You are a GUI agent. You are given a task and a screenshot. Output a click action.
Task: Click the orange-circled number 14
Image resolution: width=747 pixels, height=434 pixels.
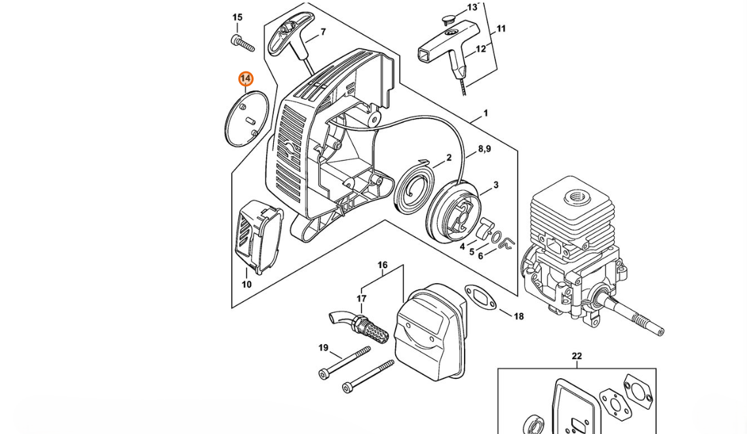(246, 79)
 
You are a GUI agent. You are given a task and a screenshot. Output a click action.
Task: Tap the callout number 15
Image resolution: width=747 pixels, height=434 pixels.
(237, 18)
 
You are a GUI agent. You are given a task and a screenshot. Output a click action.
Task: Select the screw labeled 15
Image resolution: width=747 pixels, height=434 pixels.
(242, 43)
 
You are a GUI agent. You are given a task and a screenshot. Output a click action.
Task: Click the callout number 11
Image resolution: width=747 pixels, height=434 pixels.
(501, 29)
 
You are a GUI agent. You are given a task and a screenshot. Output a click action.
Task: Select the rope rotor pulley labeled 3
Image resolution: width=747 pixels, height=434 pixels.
(453, 214)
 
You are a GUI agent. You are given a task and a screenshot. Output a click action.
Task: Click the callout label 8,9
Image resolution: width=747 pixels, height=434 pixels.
(484, 149)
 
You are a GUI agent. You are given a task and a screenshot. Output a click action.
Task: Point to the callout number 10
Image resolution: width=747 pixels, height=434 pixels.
(246, 285)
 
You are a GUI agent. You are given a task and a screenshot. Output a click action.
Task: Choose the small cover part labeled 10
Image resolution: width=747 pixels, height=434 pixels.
(258, 237)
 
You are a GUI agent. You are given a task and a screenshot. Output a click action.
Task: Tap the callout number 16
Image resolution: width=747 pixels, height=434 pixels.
(383, 266)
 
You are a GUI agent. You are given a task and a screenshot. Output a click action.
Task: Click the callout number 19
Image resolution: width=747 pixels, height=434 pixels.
(324, 347)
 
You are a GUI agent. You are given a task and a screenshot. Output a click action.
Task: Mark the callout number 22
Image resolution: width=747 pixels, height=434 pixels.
(577, 356)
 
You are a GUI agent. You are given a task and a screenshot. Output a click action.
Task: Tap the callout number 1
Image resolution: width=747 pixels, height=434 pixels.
(486, 113)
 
